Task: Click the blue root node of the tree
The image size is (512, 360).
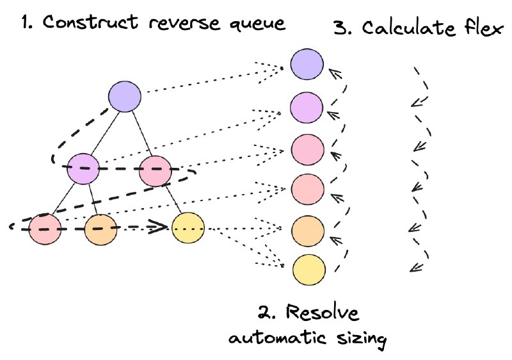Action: [125, 97]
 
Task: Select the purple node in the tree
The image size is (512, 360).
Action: [83, 168]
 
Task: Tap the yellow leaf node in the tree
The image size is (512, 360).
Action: [188, 227]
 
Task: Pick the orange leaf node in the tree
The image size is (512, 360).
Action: [100, 230]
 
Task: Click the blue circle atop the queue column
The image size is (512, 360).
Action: [307, 64]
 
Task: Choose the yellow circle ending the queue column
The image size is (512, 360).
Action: [309, 270]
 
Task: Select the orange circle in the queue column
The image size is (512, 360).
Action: [308, 231]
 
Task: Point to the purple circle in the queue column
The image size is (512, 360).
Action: [307, 108]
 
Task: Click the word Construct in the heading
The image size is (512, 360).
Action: [90, 22]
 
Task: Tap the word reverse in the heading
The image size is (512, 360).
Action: [184, 24]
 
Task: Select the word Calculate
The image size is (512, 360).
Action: [408, 28]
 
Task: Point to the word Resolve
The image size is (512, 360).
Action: [323, 313]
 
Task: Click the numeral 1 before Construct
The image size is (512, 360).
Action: [26, 22]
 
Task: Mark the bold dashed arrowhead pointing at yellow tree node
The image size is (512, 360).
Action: [158, 227]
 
